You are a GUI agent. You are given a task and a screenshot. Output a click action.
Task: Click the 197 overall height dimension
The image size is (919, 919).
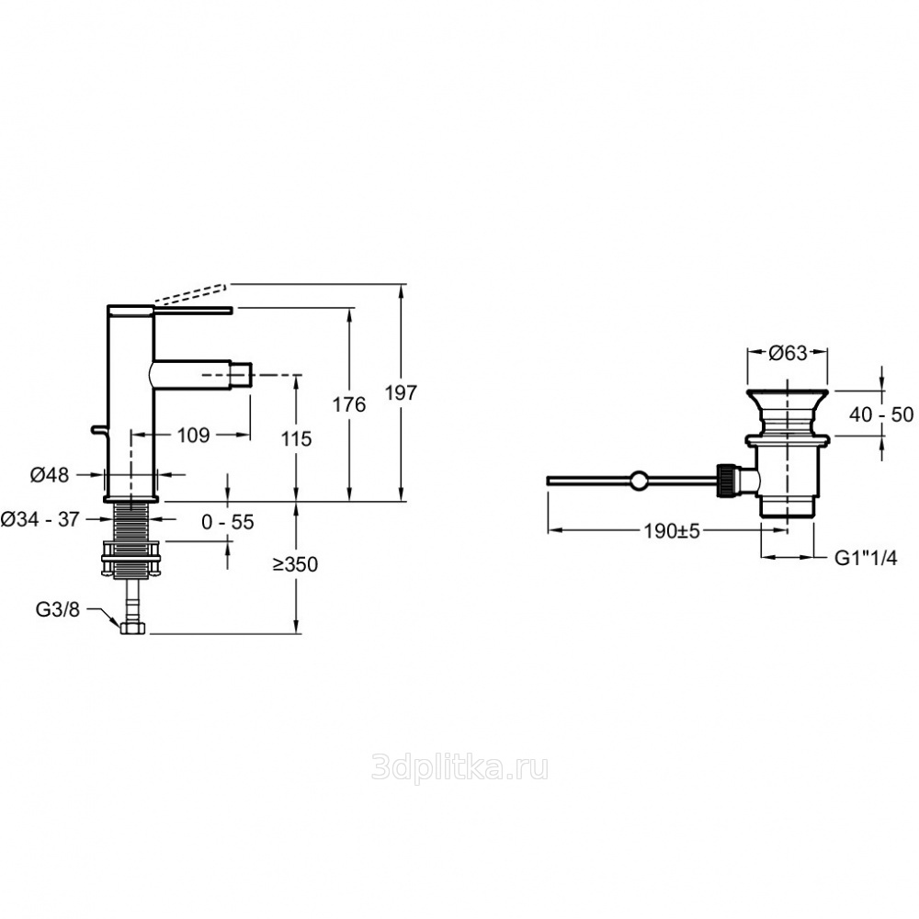click(402, 392)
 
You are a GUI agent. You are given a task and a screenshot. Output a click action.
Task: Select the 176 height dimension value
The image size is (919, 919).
click(349, 404)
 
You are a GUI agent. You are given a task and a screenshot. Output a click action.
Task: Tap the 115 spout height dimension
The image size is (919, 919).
click(297, 438)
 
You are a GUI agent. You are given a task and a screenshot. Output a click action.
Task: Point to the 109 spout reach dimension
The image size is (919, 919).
click(193, 435)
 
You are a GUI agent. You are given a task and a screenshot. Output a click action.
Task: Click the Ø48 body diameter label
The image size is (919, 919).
click(50, 475)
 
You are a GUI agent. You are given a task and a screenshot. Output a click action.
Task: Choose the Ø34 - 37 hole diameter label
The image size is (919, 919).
click(40, 518)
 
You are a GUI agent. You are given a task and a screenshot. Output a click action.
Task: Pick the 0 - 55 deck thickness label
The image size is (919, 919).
click(228, 522)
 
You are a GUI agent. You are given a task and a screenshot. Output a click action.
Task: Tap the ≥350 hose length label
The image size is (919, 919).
click(295, 564)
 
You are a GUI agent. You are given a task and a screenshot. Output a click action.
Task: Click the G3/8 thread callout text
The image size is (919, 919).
click(57, 609)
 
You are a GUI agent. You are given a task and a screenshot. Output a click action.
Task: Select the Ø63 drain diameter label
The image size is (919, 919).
click(788, 353)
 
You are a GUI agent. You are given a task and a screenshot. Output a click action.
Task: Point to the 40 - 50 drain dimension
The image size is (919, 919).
click(881, 415)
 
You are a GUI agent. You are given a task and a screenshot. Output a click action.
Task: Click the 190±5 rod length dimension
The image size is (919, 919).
click(673, 531)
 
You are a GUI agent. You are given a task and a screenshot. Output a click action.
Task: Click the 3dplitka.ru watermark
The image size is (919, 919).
click(460, 767)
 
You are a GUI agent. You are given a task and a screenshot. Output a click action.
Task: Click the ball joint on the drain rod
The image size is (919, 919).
click(639, 481)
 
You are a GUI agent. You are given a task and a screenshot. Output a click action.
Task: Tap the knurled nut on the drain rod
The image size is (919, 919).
click(726, 481)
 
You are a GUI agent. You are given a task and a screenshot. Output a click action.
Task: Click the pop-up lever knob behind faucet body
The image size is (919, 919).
click(99, 431)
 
